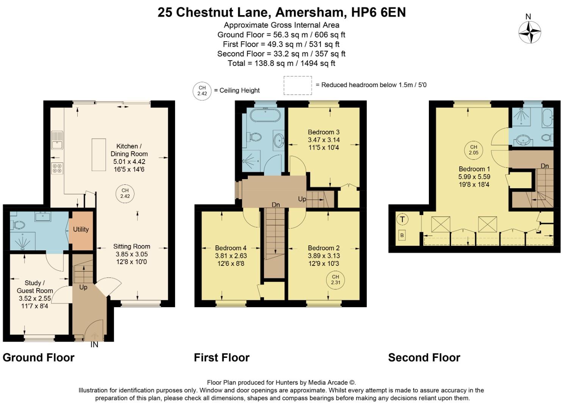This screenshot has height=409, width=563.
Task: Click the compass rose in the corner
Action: (529, 32)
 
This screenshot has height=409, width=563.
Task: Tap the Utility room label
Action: (81, 229)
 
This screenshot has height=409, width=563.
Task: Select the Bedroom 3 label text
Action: (324, 132)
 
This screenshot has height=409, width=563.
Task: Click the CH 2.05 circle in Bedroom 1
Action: (474, 150)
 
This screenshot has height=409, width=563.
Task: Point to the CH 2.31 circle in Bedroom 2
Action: (335, 280)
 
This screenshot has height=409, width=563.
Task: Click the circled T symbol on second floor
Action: (402, 219)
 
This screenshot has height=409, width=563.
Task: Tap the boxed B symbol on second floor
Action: (402, 236)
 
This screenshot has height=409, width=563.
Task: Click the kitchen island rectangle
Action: (99, 155)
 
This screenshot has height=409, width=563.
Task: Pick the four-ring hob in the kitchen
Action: (57, 168)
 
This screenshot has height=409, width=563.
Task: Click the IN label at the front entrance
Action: (94, 345)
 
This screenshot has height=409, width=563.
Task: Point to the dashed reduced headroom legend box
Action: (298, 86)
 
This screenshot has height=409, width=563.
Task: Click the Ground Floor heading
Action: (39, 357)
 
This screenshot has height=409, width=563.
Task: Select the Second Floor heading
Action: (424, 357)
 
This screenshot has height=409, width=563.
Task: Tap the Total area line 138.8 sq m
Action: (281, 63)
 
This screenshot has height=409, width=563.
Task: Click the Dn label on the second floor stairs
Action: (544, 166)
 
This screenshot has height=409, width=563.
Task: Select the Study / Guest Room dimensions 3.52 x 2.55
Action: (35, 298)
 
